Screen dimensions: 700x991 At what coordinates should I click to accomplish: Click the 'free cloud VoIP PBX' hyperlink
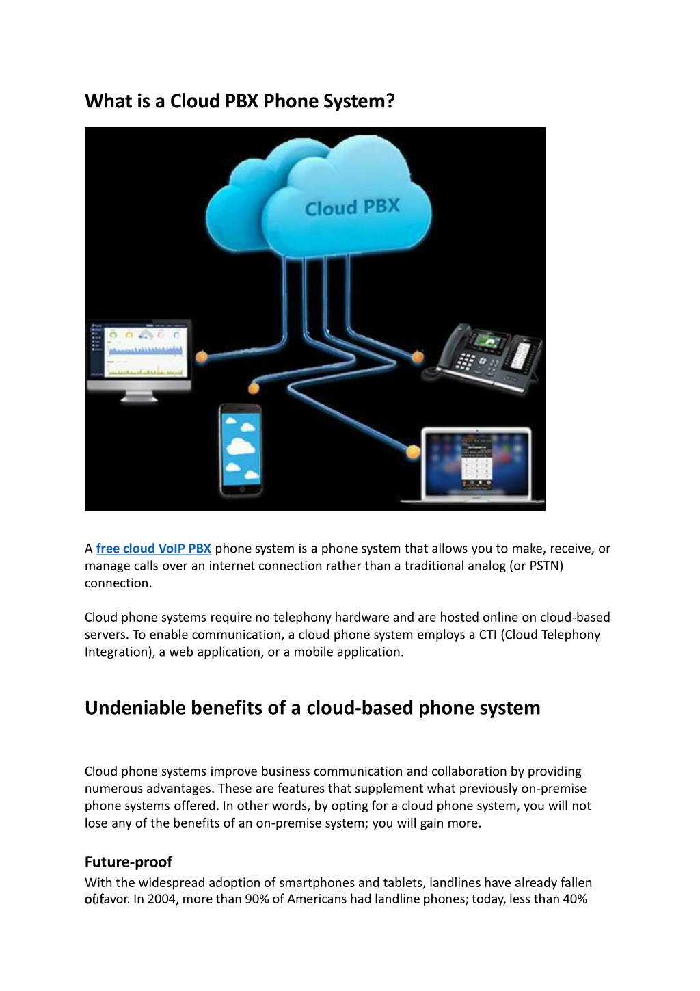pos(153,549)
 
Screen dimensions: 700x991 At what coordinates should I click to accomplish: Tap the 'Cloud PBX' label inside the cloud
pos(352,207)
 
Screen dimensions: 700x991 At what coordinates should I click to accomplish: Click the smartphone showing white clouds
pos(240,450)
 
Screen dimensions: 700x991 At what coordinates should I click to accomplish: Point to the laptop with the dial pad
pos(473,465)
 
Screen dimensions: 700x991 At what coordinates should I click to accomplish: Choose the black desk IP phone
pos(483,358)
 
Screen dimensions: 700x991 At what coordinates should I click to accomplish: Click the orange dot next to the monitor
pos(202,356)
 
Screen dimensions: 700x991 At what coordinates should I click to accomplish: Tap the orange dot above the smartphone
pos(254,388)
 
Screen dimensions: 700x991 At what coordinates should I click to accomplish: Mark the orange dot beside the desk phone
pos(418,356)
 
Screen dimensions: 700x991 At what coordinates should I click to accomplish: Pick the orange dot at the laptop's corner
pos(413,451)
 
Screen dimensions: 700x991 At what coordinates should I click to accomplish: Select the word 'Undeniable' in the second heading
pos(135,708)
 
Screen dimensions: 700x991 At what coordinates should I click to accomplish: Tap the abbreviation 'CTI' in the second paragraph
pos(488,635)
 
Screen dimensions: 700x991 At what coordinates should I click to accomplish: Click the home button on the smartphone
pos(241,489)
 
